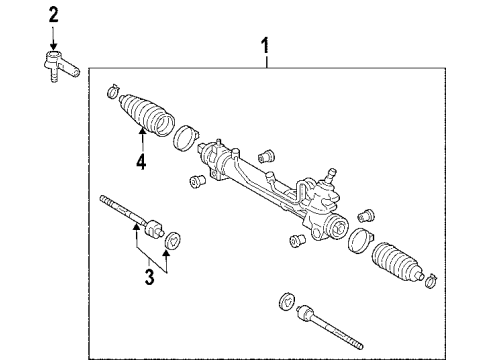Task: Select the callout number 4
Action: click(x=141, y=161)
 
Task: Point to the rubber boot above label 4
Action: click(x=144, y=118)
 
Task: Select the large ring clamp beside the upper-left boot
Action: click(x=184, y=136)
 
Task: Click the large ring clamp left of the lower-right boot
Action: click(x=361, y=241)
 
